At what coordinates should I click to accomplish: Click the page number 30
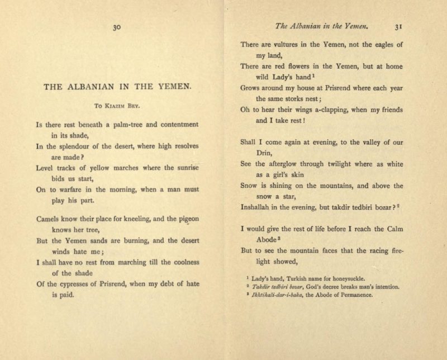point(117,26)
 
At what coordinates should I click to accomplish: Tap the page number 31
point(398,26)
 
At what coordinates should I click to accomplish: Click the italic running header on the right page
point(312,26)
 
